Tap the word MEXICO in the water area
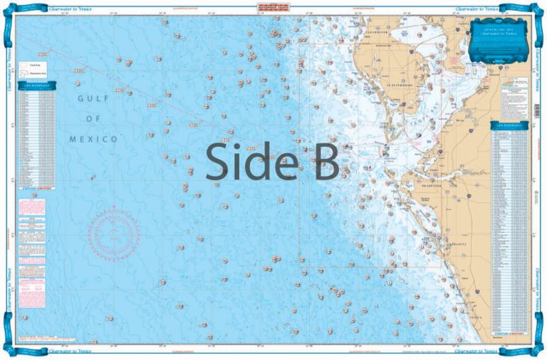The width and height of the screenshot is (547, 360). click(x=93, y=139)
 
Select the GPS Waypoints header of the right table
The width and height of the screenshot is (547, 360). click(x=509, y=125)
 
